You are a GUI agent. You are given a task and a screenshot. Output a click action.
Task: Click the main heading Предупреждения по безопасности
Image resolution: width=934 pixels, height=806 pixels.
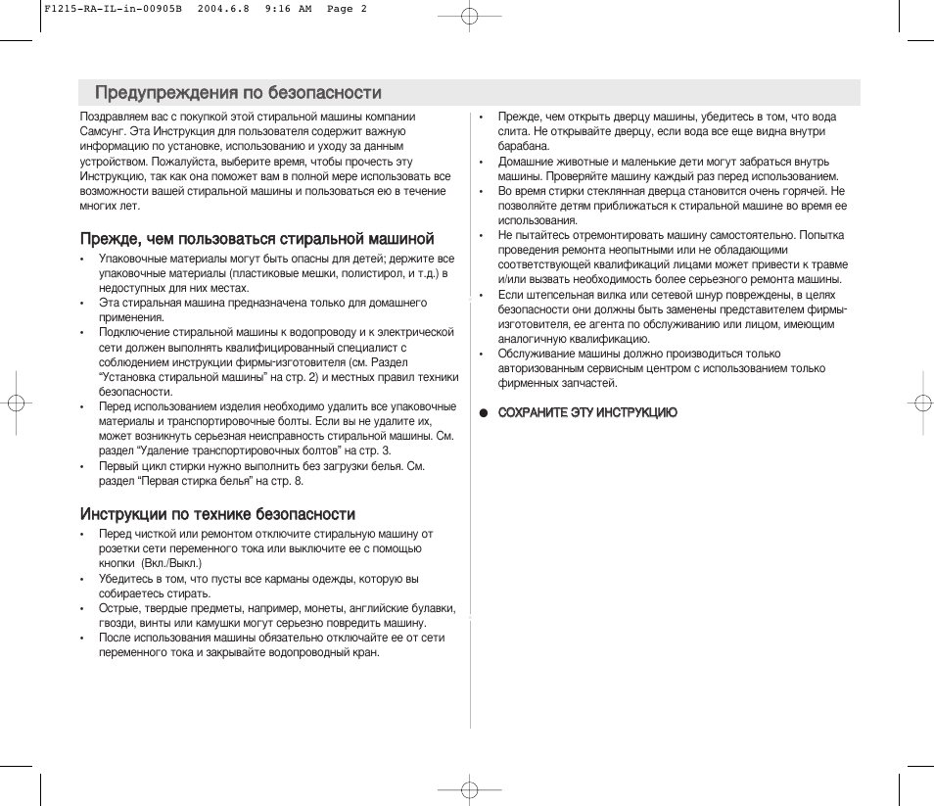click(x=238, y=93)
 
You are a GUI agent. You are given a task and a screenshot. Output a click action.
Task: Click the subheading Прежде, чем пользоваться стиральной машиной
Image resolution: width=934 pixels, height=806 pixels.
click(x=257, y=239)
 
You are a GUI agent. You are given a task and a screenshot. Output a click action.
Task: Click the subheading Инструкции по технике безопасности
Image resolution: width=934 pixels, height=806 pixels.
click(x=217, y=514)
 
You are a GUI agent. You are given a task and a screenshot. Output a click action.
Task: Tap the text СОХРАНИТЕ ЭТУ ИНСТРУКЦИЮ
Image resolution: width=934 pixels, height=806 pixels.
click(x=587, y=412)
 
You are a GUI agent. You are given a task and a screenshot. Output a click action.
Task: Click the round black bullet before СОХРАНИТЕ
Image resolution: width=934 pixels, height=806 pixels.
click(x=483, y=412)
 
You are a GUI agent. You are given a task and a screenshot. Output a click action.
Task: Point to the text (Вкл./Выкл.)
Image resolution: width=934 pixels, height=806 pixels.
click(x=171, y=563)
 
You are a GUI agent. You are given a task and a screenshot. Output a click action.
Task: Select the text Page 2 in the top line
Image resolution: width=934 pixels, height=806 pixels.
click(x=347, y=9)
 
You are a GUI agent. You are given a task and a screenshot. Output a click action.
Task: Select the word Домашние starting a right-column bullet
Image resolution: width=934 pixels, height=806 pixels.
click(x=526, y=162)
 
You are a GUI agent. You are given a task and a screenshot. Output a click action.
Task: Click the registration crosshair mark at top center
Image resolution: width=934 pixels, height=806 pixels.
click(x=469, y=17)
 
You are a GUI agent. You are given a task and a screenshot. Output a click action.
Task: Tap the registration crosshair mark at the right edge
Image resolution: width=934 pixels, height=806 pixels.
click(x=919, y=403)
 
